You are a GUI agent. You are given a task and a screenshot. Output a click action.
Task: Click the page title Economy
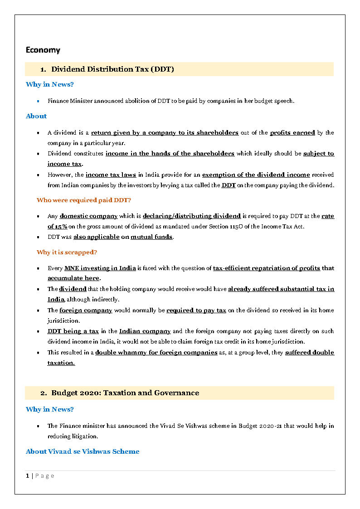[x=43, y=50]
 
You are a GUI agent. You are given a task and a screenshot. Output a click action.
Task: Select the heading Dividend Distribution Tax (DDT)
[x=112, y=69]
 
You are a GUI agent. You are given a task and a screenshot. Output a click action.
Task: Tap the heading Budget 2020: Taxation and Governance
[x=125, y=393]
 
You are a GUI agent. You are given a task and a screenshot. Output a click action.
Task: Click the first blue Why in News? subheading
[x=50, y=84]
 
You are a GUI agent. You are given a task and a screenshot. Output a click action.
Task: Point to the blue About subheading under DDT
[x=36, y=116]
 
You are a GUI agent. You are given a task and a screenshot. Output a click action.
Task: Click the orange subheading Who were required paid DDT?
[x=84, y=200]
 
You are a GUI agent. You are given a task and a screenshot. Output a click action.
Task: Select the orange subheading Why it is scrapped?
[x=67, y=252]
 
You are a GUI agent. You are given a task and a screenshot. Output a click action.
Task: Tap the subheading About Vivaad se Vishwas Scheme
[x=83, y=451]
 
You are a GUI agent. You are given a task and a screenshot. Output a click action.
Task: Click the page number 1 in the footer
[x=28, y=476]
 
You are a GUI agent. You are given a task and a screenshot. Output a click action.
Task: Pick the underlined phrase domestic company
[x=88, y=216]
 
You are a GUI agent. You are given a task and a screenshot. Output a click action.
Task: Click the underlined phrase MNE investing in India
[x=100, y=268]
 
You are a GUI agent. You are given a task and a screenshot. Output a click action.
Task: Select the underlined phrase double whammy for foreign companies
[x=156, y=353]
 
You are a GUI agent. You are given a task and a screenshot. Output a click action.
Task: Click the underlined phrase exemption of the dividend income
[x=256, y=175]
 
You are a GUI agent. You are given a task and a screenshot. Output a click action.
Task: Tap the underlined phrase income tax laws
[x=111, y=175]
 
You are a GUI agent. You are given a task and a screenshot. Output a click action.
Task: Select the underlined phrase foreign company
[x=86, y=310]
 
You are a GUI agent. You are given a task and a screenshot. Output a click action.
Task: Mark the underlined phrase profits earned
[x=292, y=133]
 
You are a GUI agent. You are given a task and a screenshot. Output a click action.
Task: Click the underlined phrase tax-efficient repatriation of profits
[x=266, y=268]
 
